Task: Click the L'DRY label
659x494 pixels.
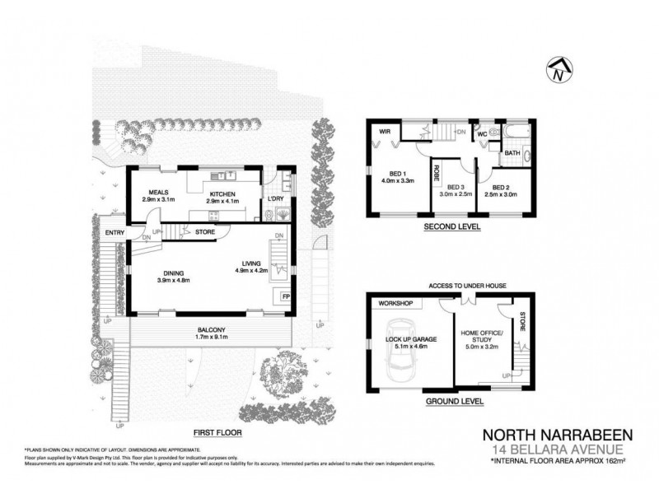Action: [274, 199]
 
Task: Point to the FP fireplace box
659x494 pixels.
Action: [286, 296]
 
